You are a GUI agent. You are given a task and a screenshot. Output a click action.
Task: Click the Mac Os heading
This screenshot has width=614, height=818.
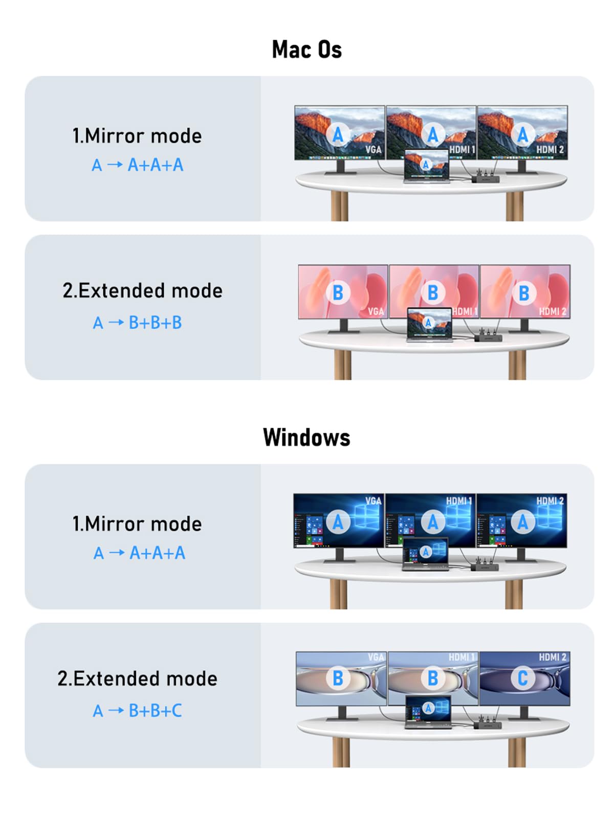click(x=306, y=50)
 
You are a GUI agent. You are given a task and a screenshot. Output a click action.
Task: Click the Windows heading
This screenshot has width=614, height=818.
click(x=306, y=438)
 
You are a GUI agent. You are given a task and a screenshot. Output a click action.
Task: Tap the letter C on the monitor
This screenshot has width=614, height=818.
click(x=522, y=678)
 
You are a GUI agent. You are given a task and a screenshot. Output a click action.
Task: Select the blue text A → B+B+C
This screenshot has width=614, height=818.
click(x=137, y=711)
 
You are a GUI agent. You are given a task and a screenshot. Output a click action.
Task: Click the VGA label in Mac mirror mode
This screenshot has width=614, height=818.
click(x=373, y=149)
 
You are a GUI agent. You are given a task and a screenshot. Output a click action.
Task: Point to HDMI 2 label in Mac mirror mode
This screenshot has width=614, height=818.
click(x=550, y=149)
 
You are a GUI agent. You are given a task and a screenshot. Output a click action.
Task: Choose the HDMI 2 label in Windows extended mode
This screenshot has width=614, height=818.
click(x=552, y=657)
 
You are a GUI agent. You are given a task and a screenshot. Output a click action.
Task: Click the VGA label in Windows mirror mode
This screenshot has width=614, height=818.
click(x=373, y=501)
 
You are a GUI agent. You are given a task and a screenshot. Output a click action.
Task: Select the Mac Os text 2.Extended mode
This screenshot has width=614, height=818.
click(x=142, y=290)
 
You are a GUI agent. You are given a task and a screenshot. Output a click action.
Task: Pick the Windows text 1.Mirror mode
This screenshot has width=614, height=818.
click(x=137, y=524)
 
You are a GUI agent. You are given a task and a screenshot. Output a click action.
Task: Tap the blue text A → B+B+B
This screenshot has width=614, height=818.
click(x=137, y=323)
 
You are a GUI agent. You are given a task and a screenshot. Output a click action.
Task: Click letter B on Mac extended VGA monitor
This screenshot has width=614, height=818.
click(x=338, y=292)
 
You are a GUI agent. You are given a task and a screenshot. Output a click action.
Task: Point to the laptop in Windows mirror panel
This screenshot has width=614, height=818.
click(x=425, y=554)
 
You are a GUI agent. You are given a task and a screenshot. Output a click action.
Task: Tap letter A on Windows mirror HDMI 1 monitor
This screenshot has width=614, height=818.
click(x=432, y=522)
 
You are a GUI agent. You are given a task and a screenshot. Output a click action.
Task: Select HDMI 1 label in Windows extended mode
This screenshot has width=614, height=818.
click(x=461, y=657)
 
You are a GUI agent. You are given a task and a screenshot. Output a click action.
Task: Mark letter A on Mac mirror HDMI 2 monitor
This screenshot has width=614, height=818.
click(x=522, y=135)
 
